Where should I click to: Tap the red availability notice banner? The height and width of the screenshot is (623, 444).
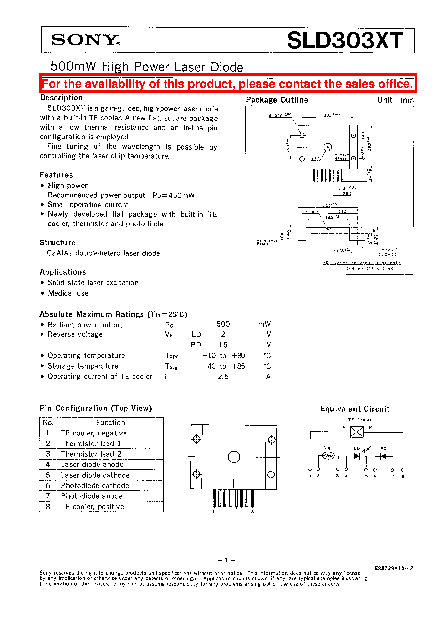[x=228, y=84]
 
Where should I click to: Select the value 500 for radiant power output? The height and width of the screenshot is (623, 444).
[x=223, y=324]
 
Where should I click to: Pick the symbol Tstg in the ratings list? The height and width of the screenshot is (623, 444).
[x=171, y=366]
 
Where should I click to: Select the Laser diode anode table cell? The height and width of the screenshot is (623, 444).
[x=92, y=464]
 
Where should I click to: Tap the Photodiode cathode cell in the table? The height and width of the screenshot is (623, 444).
[x=95, y=485]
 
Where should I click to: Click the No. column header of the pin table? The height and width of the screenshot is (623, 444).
[x=48, y=422]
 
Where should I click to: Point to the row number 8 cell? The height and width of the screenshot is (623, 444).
[x=48, y=507]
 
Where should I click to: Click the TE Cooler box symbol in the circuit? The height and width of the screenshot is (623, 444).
[x=357, y=432]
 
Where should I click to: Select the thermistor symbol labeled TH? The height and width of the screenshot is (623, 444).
[x=328, y=456]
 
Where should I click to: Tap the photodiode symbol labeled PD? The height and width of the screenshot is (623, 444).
[x=383, y=456]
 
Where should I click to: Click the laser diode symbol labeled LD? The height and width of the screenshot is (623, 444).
[x=357, y=456]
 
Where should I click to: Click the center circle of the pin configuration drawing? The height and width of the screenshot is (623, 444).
[x=234, y=457]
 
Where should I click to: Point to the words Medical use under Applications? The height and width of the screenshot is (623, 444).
[x=68, y=293]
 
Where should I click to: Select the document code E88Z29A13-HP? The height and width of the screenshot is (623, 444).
[x=393, y=568]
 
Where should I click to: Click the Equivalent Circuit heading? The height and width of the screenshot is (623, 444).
[x=355, y=409]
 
